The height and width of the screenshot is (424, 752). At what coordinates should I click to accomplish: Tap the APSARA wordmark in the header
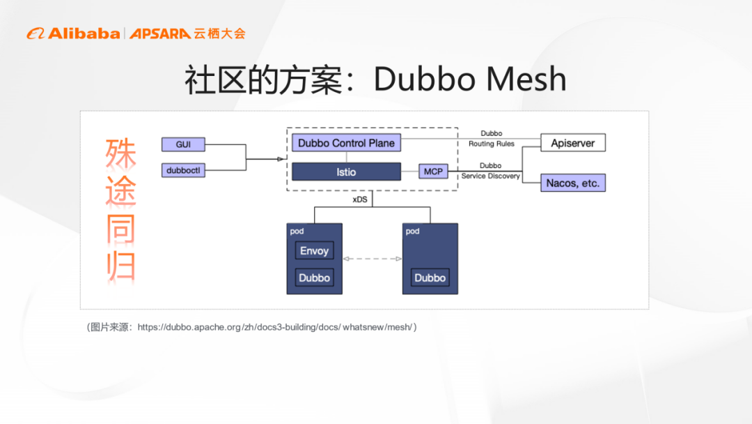160,33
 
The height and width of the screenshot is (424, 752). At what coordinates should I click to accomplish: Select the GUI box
183,144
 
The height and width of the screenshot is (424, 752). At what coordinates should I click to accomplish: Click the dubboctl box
183,170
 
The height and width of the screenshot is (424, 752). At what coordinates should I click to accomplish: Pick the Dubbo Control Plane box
346,143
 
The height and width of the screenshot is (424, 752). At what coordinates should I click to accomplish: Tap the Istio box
346,172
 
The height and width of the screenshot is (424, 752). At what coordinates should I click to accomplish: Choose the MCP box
433,172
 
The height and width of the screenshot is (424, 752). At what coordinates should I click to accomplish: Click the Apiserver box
573,143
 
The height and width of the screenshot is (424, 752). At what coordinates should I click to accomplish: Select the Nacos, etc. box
573,183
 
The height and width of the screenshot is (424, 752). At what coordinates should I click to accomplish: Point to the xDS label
360,199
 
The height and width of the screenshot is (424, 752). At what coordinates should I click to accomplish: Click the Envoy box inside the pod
314,251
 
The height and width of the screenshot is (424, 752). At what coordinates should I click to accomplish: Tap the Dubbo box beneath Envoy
314,278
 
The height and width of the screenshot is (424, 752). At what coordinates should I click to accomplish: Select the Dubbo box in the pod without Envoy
430,278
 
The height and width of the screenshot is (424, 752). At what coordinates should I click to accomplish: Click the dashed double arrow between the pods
373,259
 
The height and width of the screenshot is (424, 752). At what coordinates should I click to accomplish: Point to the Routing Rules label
491,144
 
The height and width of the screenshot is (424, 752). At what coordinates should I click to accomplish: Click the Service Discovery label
491,176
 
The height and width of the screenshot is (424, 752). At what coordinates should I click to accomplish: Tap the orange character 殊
120,153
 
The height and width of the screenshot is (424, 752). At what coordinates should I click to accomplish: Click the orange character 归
120,267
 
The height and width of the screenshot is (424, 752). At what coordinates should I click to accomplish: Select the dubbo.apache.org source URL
276,326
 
